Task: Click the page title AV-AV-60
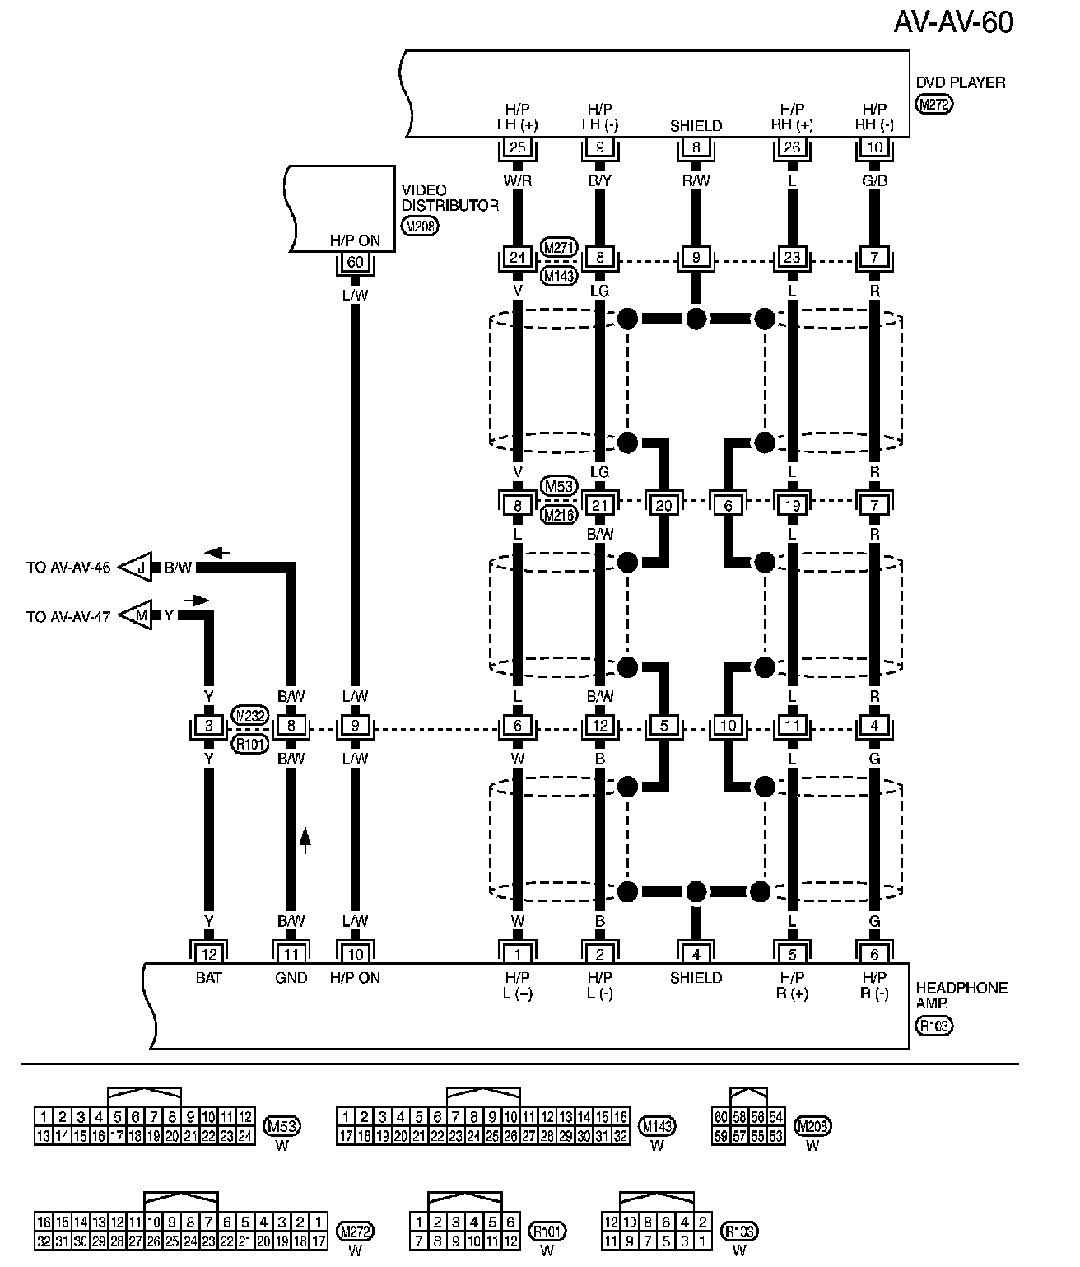click(x=953, y=22)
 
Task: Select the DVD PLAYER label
click(x=960, y=83)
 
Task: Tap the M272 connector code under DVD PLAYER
click(x=934, y=104)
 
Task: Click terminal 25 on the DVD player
click(x=518, y=148)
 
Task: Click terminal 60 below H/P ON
click(x=355, y=263)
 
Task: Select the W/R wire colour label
click(x=518, y=180)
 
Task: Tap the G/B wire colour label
click(x=874, y=180)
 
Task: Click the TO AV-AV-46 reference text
click(x=67, y=568)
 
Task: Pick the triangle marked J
click(x=139, y=567)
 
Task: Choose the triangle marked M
click(x=139, y=615)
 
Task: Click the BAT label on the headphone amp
click(x=208, y=978)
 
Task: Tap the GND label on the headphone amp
click(x=291, y=978)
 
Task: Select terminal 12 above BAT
click(x=208, y=954)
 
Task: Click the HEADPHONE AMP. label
click(x=961, y=995)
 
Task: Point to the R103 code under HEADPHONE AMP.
click(x=933, y=1026)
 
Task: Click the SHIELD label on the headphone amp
click(x=696, y=978)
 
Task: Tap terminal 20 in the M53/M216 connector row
click(x=663, y=505)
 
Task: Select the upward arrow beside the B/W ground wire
click(x=305, y=839)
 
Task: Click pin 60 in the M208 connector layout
click(x=720, y=1116)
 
